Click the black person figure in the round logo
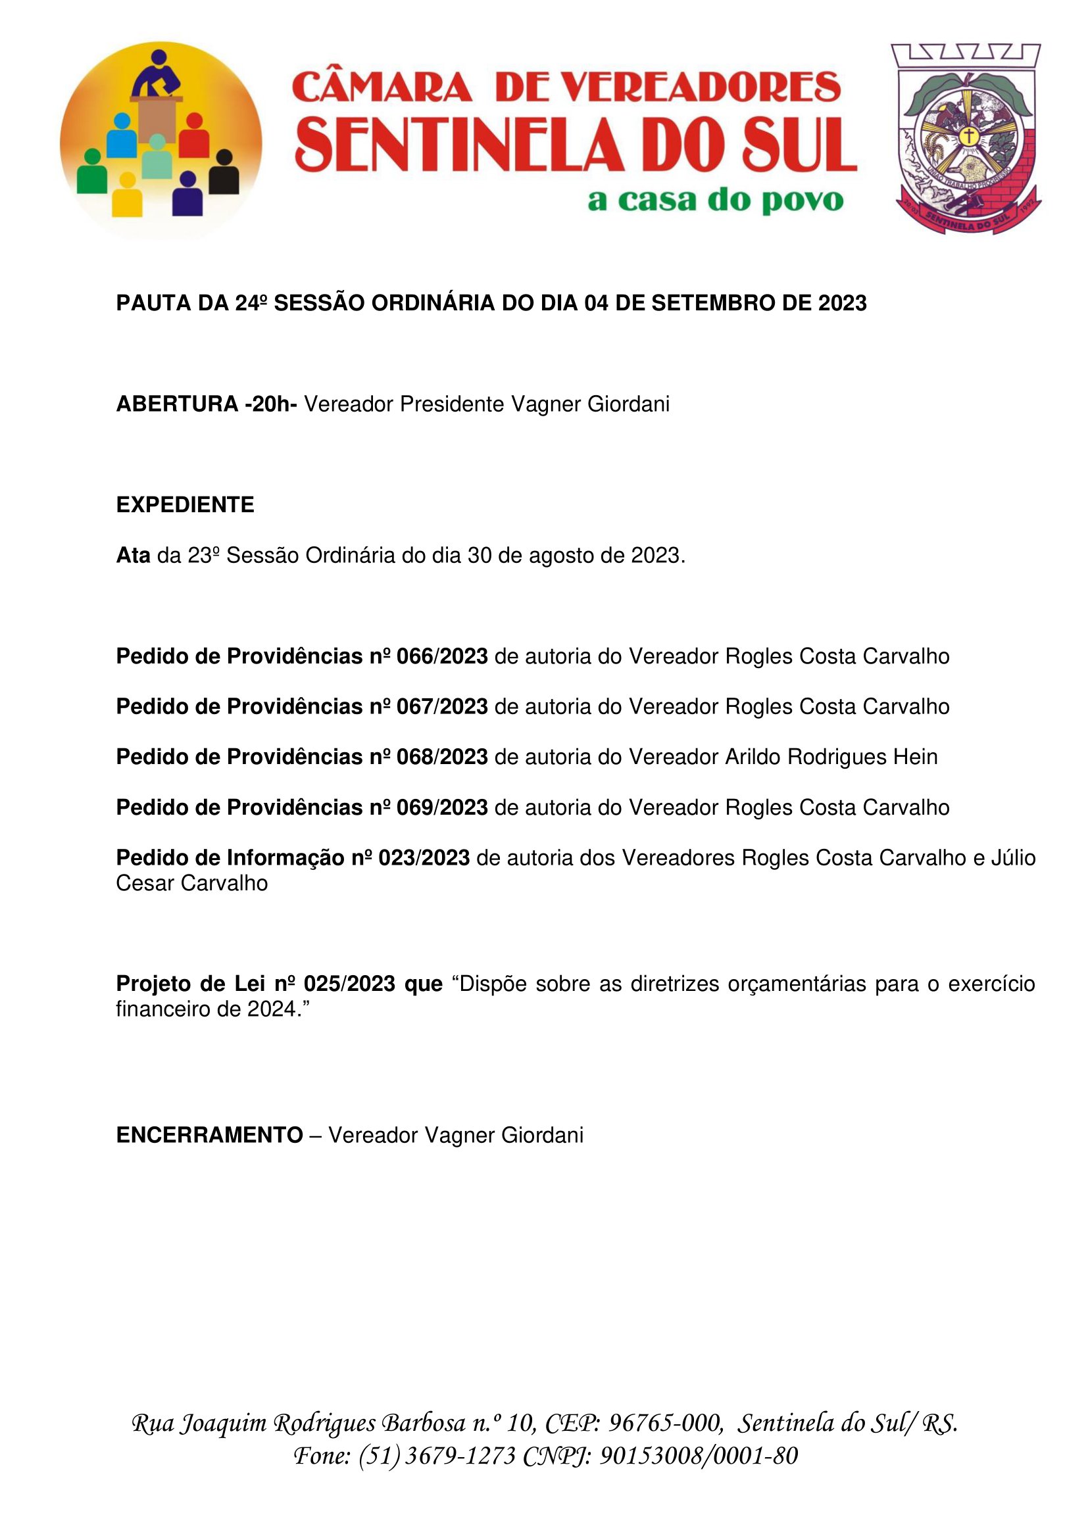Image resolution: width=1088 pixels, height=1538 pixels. coord(224,173)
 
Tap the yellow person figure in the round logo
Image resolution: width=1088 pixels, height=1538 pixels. coord(126,195)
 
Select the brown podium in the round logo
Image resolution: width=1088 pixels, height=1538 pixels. coord(157,116)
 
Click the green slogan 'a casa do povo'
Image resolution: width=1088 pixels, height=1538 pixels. coord(715,201)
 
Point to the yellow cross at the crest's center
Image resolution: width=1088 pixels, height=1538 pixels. coord(968,136)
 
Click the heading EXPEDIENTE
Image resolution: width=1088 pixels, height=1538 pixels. coord(185,505)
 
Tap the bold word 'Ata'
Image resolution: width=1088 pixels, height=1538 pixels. coord(133,556)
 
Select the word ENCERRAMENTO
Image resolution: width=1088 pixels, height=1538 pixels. coord(209,1135)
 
